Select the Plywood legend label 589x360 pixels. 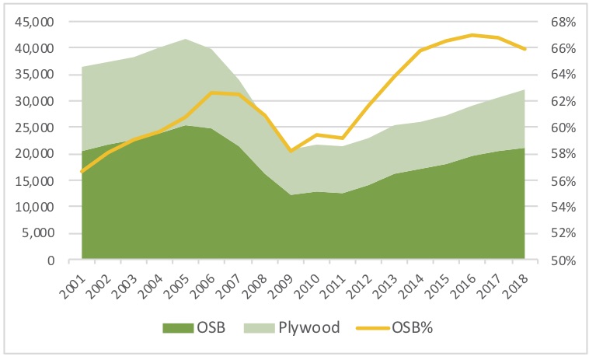point(311,327)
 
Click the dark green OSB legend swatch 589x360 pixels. point(176,327)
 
